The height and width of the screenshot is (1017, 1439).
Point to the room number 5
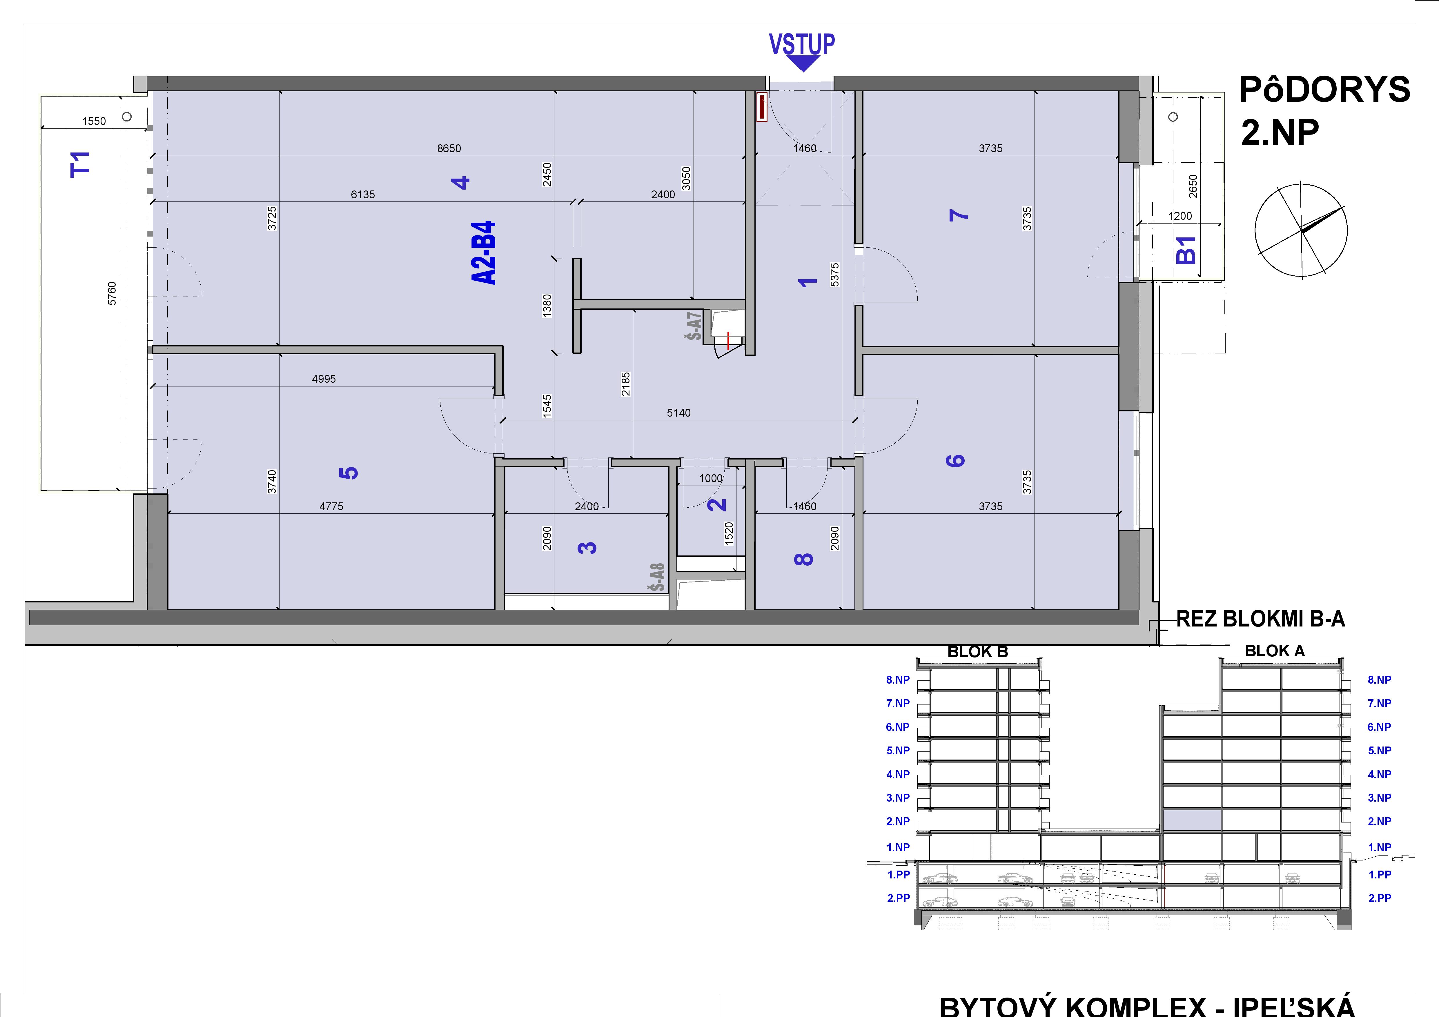pos(349,473)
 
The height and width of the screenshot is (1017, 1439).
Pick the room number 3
pos(587,548)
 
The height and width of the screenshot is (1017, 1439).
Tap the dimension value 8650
pos(449,148)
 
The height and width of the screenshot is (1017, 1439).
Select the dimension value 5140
pos(679,413)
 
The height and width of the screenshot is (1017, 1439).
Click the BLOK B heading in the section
pos(978,652)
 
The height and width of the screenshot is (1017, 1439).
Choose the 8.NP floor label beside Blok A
pos(1380,680)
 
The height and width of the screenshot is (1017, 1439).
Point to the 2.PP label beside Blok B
pos(898,898)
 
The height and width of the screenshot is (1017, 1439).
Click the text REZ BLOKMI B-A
pos(1260,619)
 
